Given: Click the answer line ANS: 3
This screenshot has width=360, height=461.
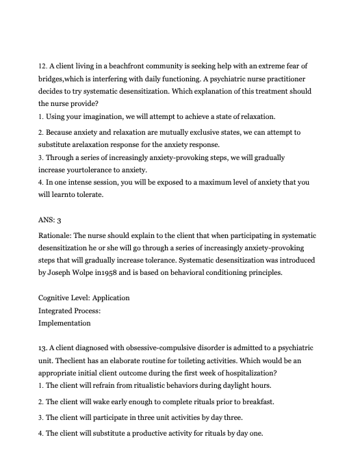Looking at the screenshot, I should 50,220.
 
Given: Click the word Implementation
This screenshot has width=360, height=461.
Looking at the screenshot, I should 64,323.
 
